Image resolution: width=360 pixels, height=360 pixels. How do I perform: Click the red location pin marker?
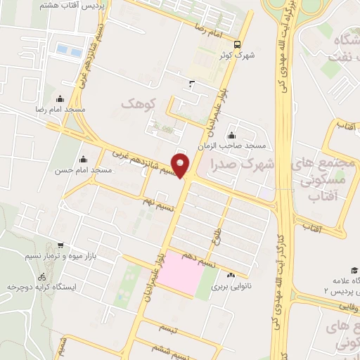181,165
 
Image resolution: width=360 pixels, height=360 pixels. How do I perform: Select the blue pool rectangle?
68,50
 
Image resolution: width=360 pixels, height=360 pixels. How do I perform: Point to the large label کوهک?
137,104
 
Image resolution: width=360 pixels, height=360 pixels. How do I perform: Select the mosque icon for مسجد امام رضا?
59,99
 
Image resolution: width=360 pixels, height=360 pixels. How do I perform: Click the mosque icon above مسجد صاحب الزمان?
231,136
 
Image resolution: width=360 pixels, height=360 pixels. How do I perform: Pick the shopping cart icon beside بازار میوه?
60,246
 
